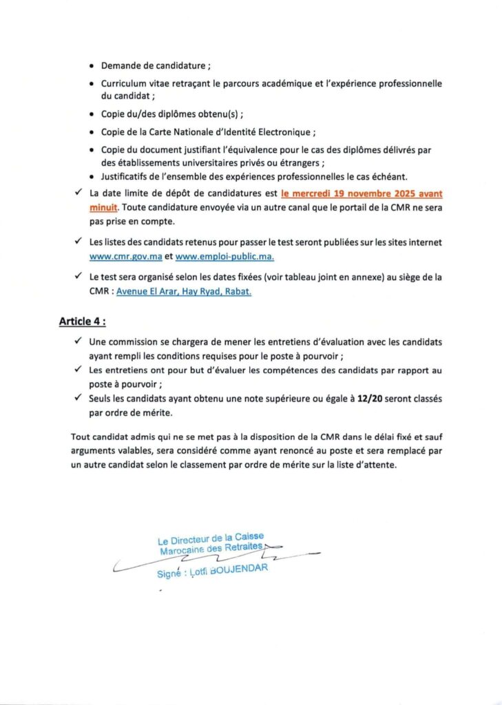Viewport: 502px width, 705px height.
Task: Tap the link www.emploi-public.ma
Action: (224, 257)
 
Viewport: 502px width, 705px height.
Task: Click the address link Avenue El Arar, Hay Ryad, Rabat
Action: (184, 291)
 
